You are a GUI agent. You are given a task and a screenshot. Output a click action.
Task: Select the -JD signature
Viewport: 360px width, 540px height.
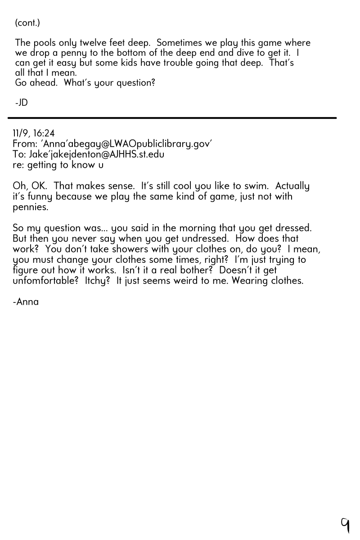(x=21, y=103)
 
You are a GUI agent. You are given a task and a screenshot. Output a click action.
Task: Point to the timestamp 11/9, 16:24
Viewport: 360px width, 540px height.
(x=34, y=133)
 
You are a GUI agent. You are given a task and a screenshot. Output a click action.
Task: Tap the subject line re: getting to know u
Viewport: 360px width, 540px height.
(x=58, y=165)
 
